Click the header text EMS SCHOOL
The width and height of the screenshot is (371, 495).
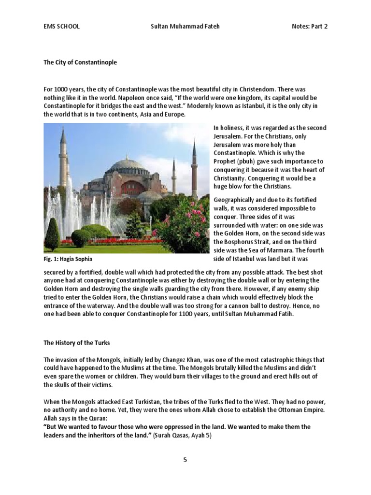point(61,27)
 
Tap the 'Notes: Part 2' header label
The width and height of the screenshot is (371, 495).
point(310,27)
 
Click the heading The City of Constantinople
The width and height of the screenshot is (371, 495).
point(80,63)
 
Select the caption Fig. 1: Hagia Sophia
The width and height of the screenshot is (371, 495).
point(68,259)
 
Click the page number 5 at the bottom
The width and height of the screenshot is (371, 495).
point(185,460)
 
